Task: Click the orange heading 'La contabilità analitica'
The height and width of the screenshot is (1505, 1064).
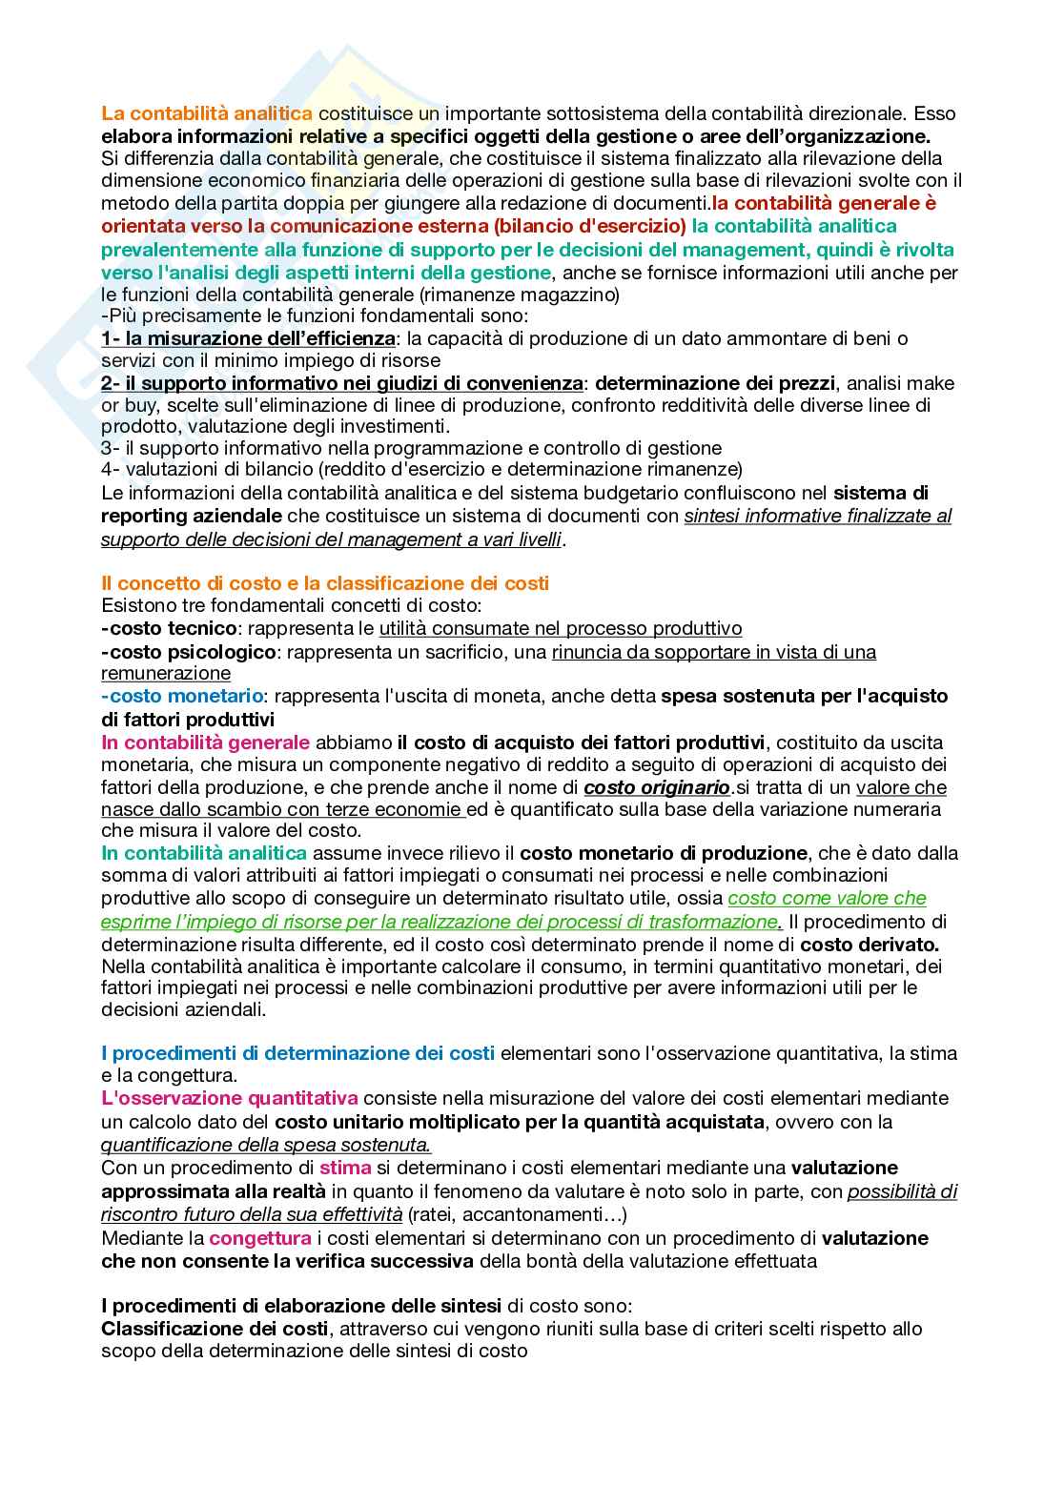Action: [207, 113]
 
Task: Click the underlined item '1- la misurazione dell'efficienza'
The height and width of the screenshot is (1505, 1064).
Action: [248, 338]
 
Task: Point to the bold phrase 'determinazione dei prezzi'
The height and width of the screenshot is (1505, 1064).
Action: [715, 383]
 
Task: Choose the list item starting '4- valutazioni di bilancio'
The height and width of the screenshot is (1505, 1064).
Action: [421, 469]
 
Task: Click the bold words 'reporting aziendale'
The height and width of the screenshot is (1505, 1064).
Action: [191, 516]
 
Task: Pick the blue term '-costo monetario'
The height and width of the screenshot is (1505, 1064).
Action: [182, 696]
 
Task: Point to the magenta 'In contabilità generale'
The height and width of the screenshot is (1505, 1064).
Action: [205, 742]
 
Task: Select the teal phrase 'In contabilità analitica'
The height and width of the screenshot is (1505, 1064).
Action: [204, 853]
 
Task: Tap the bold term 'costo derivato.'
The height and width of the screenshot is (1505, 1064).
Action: [870, 945]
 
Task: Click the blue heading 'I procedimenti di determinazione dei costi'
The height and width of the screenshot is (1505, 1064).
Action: [297, 1053]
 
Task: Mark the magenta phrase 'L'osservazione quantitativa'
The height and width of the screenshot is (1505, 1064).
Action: [229, 1098]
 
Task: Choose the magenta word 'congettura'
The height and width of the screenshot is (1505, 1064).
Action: [260, 1238]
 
